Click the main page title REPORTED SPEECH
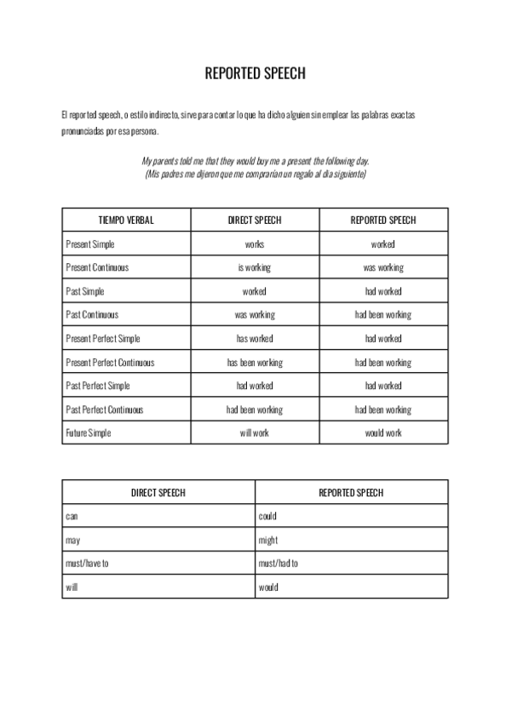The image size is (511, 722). click(255, 74)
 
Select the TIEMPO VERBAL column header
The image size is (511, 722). click(127, 221)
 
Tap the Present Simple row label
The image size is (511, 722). click(90, 244)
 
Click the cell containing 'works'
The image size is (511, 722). click(255, 244)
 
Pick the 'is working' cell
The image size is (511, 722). click(255, 267)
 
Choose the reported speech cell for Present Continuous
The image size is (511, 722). click(383, 267)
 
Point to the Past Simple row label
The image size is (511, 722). click(85, 291)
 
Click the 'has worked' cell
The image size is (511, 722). click(255, 339)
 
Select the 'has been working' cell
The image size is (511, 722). click(255, 363)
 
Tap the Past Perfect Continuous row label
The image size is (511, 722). click(105, 410)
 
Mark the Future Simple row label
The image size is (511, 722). click(89, 433)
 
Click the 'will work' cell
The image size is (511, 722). click(255, 433)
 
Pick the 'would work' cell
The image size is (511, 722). click(383, 433)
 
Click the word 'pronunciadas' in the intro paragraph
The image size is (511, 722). click(83, 132)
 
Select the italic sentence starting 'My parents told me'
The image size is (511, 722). click(255, 161)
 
